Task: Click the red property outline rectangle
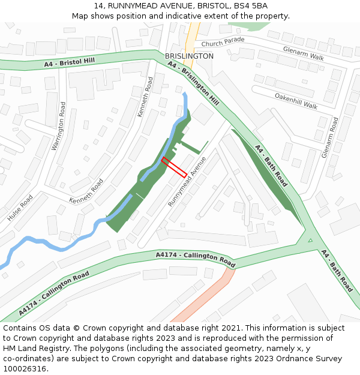point(173,167)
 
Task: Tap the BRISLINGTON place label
point(189,56)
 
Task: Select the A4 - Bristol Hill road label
point(69,62)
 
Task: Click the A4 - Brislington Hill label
point(193,84)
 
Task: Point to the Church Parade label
point(223,43)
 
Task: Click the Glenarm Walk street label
point(303,54)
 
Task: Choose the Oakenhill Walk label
point(296,101)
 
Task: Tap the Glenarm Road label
point(330,137)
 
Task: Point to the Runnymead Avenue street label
point(187,181)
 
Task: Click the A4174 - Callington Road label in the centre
point(196,259)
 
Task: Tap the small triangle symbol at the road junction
point(310,241)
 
